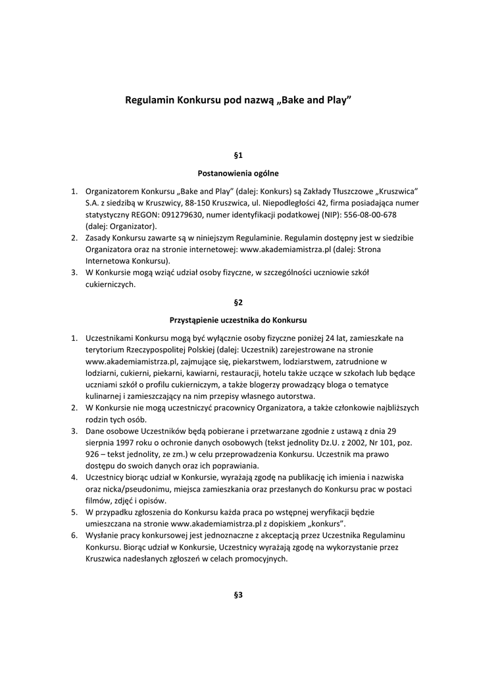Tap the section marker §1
[238, 155]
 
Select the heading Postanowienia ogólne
[238, 174]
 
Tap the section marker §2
[238, 302]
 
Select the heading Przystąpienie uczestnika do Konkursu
[238, 320]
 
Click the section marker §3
[238, 595]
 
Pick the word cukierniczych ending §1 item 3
[110, 284]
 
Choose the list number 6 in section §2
[74, 536]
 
